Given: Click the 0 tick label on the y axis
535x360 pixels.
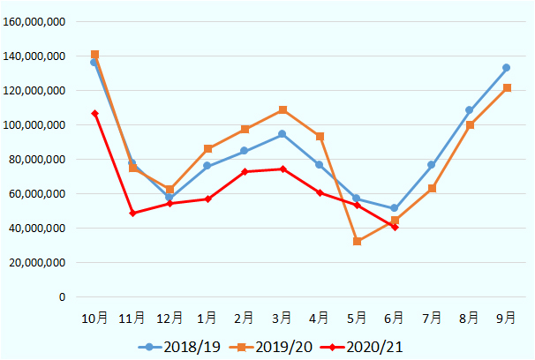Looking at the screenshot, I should (62, 297).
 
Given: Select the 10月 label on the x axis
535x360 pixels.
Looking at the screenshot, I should (94, 318).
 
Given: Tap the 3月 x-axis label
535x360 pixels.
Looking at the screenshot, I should (283, 318).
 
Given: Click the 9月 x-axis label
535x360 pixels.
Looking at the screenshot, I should (507, 318).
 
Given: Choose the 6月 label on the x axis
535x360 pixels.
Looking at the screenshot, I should (395, 318).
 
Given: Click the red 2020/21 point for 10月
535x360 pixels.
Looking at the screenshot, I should (94, 114).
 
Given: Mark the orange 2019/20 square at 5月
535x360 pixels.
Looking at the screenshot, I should (358, 241).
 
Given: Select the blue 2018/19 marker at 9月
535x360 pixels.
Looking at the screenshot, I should (507, 68).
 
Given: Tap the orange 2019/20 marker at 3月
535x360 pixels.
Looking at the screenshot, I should (283, 110).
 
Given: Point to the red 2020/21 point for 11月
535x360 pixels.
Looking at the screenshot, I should (132, 214).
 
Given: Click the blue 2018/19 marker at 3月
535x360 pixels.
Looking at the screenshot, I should (283, 134).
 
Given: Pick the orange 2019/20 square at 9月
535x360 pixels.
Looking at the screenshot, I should (507, 88).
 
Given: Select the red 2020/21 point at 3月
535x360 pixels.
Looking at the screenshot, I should (283, 169).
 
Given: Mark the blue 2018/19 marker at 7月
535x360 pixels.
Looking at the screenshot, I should (432, 165).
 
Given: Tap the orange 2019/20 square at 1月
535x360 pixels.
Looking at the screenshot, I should (207, 149).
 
